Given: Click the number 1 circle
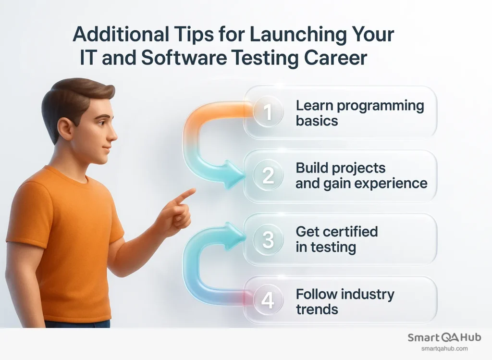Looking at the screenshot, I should pyautogui.click(x=268, y=112).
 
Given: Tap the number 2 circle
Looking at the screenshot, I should pyautogui.click(x=268, y=176).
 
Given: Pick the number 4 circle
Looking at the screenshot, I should pyautogui.click(x=268, y=301).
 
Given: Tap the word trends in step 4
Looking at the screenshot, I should pyautogui.click(x=317, y=309).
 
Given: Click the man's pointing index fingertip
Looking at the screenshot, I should pyautogui.click(x=193, y=191).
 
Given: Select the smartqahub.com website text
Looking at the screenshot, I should pyautogui.click(x=444, y=349).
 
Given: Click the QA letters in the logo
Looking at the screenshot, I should pyautogui.click(x=447, y=337).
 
